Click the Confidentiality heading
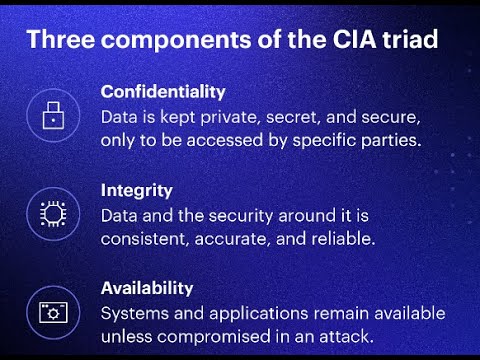tap(162, 91)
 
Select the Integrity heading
tap(137, 189)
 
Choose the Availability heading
tap(147, 287)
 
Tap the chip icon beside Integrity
tap(51, 213)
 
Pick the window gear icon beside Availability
tap(51, 311)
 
